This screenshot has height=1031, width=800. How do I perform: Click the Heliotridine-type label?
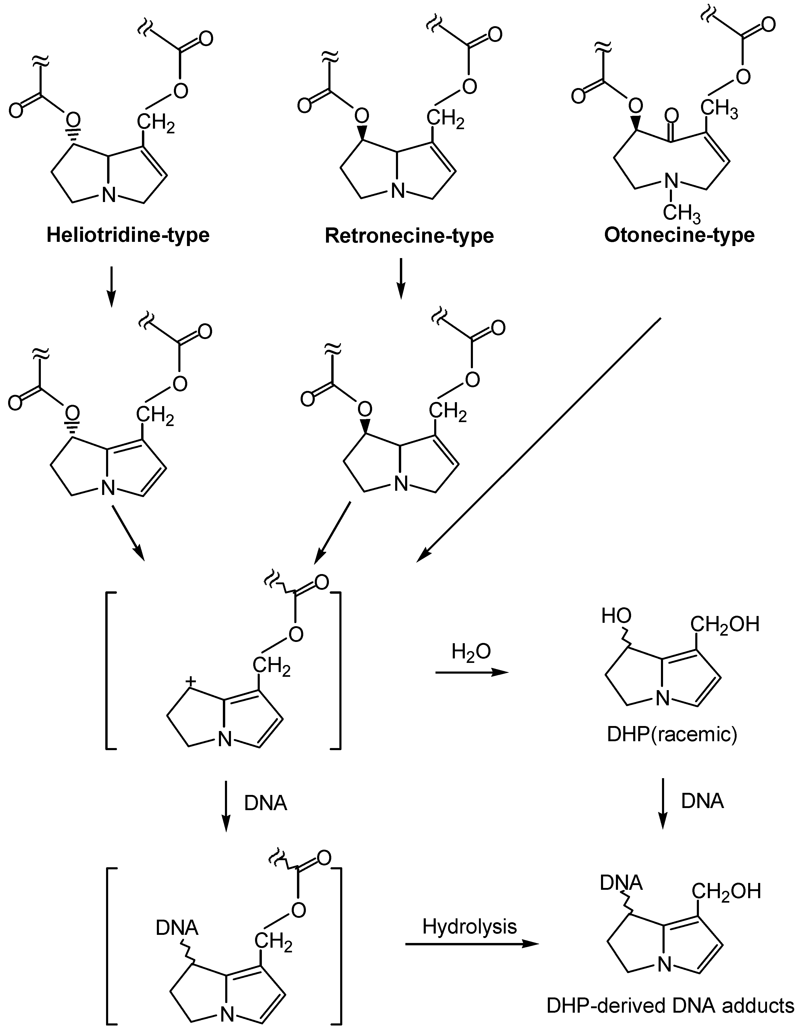(x=128, y=234)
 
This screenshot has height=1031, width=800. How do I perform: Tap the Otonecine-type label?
(x=679, y=234)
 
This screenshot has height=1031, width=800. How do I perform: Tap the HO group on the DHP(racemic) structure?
(x=616, y=616)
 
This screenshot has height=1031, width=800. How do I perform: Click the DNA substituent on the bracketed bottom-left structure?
(x=177, y=928)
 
